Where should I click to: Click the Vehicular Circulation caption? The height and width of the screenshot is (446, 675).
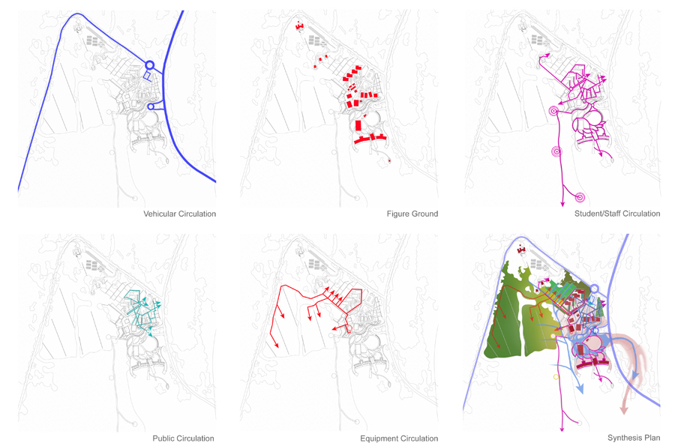coord(179,214)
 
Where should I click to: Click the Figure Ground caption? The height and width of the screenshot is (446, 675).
coord(412,214)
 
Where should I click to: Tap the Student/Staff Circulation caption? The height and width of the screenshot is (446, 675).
coord(617,214)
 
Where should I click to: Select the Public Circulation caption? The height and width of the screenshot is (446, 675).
coord(183,439)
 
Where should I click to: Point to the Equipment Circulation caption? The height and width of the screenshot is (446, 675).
coord(399,439)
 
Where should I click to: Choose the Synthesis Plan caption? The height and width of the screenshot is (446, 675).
coord(634,438)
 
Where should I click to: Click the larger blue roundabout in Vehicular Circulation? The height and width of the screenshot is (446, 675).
coord(149,65)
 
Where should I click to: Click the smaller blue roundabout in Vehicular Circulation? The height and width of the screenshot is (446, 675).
coord(151,106)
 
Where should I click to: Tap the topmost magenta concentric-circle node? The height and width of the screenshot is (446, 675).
coord(553,112)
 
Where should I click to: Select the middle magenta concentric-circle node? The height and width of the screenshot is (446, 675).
coord(557,151)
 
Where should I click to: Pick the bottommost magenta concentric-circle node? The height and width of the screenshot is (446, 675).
coord(580,197)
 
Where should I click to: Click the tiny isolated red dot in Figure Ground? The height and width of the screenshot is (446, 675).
coord(389,160)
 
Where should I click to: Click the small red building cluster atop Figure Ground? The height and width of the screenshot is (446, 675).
coord(299,26)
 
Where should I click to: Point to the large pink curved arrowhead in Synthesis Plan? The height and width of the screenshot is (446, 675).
coord(623,409)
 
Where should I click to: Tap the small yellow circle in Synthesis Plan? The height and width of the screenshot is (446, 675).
coord(556,377)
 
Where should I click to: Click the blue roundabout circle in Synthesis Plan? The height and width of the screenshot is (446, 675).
coord(594,289)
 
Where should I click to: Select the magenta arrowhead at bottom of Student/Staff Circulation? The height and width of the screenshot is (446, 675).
coord(562,204)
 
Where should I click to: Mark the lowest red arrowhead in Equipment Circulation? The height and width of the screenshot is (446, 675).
coord(276,345)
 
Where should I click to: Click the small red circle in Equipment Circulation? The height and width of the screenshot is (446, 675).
coord(349,328)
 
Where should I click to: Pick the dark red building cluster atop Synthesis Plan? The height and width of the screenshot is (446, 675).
coord(522,250)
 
